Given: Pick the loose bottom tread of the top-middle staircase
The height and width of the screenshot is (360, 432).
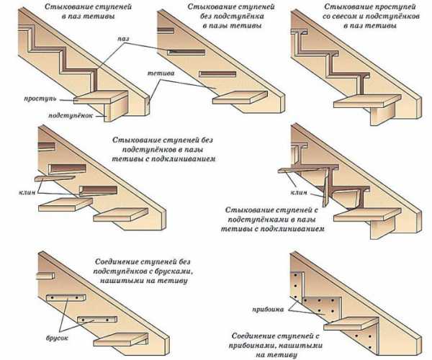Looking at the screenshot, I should [x=237, y=96].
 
